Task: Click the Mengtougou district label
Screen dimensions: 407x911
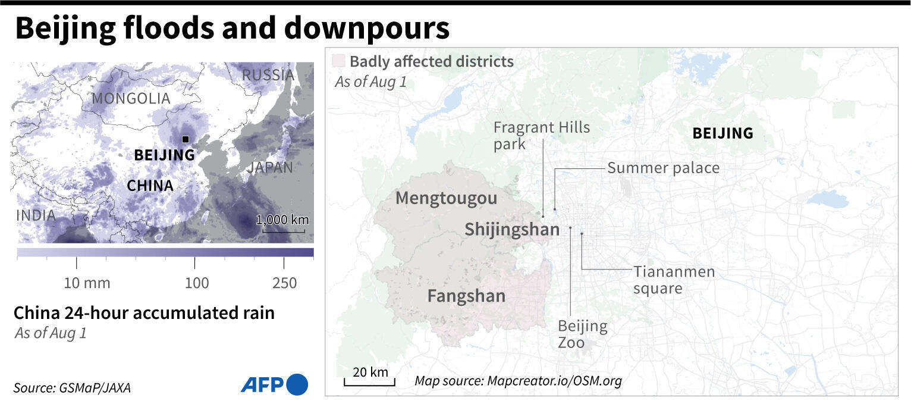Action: click(x=446, y=198)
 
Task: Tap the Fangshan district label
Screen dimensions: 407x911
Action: click(x=466, y=296)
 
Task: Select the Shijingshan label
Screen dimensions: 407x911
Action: click(x=512, y=229)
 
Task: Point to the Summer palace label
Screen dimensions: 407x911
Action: click(x=663, y=168)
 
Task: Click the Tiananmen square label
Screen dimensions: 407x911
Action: click(x=674, y=280)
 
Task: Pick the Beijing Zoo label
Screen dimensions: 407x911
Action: click(x=582, y=334)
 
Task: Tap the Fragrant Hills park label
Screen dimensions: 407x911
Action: click(x=541, y=135)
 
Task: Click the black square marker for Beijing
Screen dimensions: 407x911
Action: click(x=186, y=139)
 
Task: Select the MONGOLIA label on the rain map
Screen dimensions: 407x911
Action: click(x=131, y=98)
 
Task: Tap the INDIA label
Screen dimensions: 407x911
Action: click(x=36, y=215)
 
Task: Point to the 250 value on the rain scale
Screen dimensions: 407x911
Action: click(x=284, y=283)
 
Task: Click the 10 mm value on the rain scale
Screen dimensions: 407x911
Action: click(x=87, y=283)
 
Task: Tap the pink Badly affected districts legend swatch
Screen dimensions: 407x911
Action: click(x=339, y=61)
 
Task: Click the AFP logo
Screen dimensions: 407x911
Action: click(x=274, y=384)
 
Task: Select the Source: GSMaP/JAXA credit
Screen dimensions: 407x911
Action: click(x=72, y=388)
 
